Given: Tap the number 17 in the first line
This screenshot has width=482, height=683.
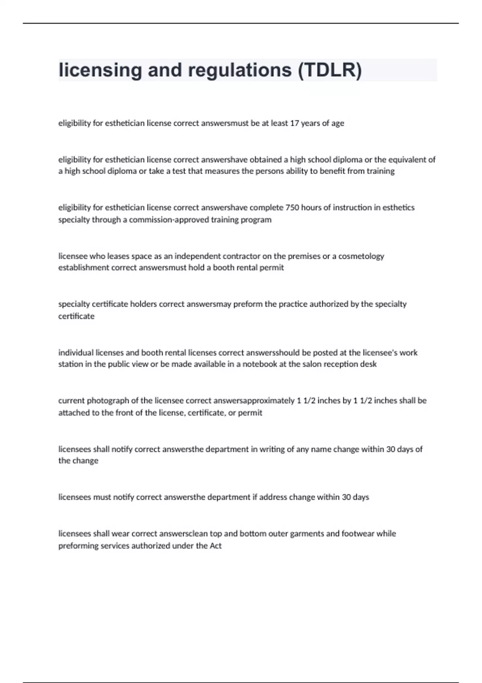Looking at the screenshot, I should (x=294, y=123).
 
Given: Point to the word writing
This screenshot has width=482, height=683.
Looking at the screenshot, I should (x=272, y=449).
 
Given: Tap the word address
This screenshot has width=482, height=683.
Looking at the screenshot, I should (x=273, y=497).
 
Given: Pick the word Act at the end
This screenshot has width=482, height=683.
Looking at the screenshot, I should (x=216, y=546).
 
